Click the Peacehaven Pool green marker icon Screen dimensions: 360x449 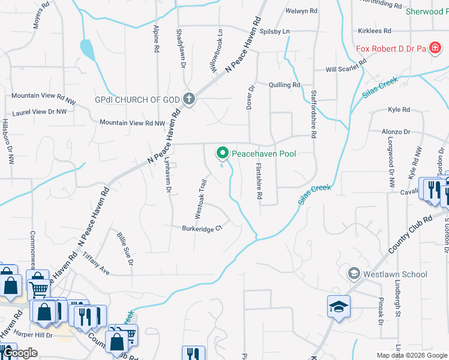[223, 154]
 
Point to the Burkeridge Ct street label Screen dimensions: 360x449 [202, 228]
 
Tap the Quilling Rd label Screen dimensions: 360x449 [284, 85]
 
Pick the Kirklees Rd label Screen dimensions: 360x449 [375, 31]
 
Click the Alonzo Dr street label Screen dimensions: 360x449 [396, 131]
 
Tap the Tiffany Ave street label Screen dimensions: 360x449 [97, 263]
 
